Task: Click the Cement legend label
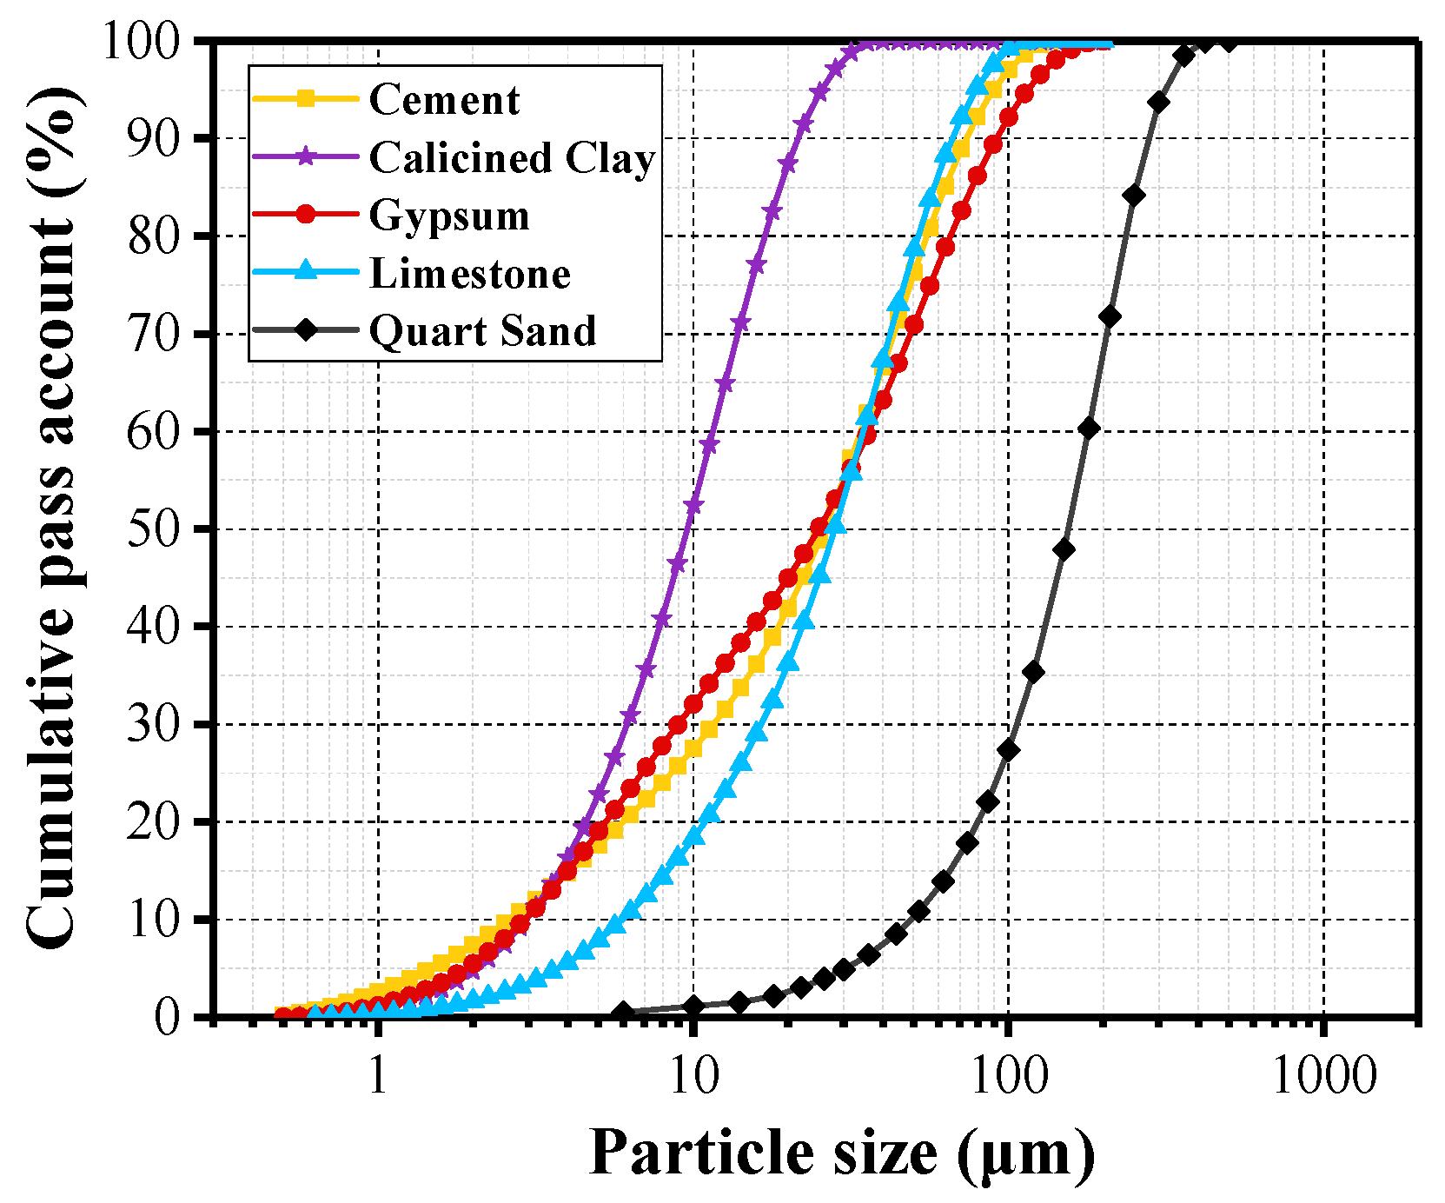[x=444, y=100]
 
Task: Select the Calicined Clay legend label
[x=512, y=158]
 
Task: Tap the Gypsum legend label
[x=449, y=216]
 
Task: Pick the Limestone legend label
[x=470, y=274]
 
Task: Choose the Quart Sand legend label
[x=483, y=331]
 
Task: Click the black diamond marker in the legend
[x=305, y=330]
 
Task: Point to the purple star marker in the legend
[x=305, y=157]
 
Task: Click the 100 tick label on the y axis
[x=142, y=41]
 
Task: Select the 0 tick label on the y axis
[x=167, y=1016]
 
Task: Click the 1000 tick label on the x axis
[x=1323, y=1077]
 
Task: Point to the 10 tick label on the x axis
[x=693, y=1077]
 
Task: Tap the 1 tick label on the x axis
[x=378, y=1077]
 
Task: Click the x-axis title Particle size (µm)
[x=841, y=1153]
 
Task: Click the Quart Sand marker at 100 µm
[x=1008, y=749]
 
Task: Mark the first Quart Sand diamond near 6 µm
[x=622, y=1013]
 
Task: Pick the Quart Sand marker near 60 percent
[x=1089, y=428]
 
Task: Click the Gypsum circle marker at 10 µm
[x=693, y=704]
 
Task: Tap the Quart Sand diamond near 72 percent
[x=1110, y=316]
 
